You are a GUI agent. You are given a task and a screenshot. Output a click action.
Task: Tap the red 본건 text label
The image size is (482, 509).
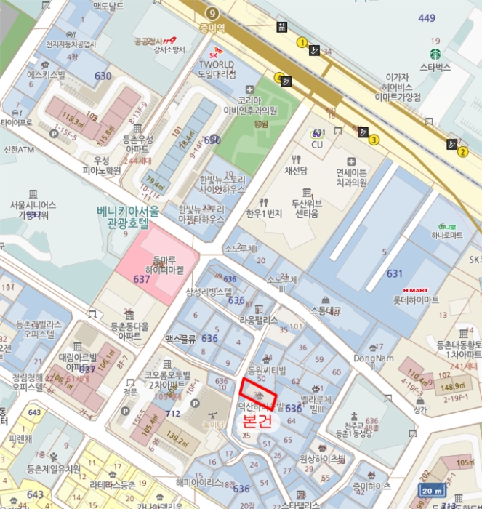[x=257, y=421]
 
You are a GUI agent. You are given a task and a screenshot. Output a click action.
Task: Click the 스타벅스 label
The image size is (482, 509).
[x=435, y=68]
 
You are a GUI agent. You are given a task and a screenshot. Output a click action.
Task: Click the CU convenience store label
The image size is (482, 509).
[x=317, y=145]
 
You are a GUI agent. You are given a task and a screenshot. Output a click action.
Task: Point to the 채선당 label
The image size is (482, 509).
[x=297, y=171]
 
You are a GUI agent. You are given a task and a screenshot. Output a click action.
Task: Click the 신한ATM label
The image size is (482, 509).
[x=19, y=150]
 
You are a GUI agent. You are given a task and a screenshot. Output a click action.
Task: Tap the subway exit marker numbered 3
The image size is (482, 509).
[x=374, y=140]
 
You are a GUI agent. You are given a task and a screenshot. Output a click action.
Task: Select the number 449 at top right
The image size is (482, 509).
[x=427, y=18]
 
